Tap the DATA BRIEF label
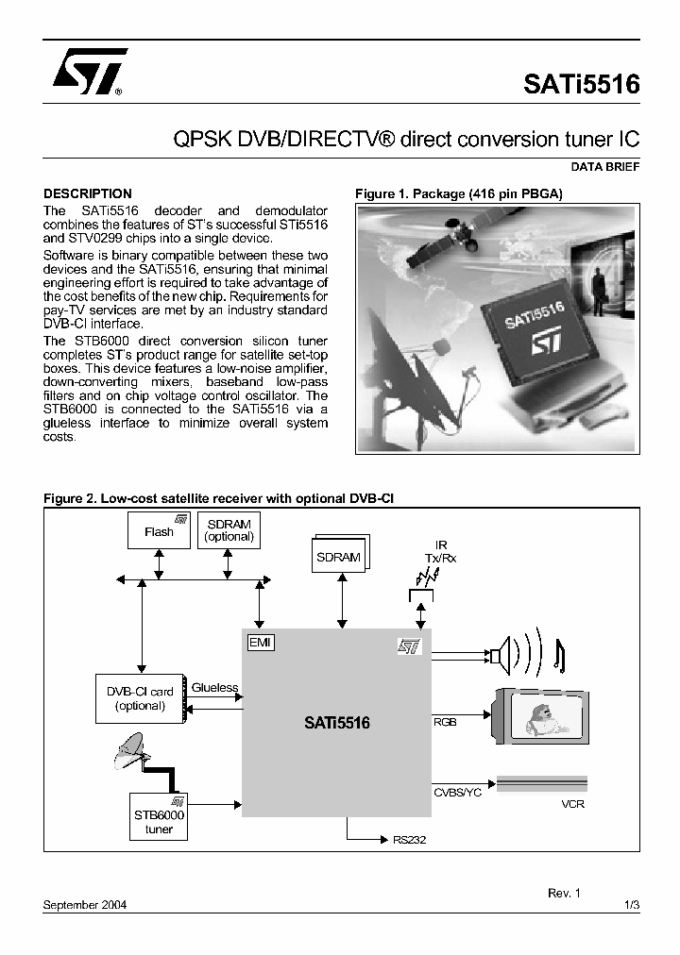604,166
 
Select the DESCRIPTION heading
88,193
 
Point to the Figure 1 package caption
458,193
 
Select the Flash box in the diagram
159,531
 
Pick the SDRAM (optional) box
229,530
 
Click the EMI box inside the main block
258,642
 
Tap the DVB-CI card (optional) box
140,698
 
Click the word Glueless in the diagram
214,687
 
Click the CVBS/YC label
457,792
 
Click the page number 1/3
632,904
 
